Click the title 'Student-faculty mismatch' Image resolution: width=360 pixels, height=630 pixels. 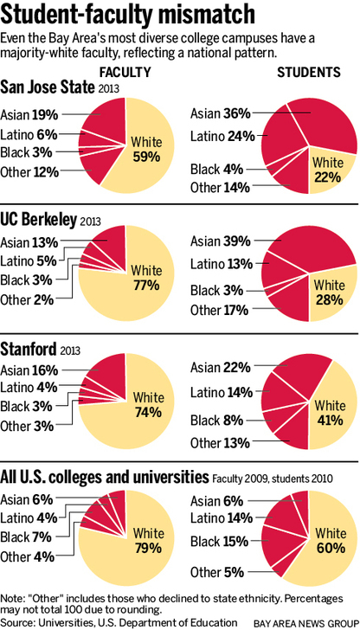pos(128,16)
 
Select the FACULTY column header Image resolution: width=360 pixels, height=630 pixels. pos(125,72)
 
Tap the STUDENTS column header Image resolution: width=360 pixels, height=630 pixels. pos(309,72)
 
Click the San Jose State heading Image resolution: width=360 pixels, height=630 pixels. pos(48,87)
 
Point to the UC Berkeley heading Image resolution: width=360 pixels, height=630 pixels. pos(39,220)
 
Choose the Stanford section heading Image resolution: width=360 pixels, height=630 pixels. pos(28,349)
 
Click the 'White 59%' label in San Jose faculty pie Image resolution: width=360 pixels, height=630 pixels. pos(147,149)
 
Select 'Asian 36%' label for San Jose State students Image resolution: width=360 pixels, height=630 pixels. pos(221,114)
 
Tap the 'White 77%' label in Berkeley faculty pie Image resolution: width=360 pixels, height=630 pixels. pos(147,277)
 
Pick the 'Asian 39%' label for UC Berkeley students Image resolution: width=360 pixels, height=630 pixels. pos(221,242)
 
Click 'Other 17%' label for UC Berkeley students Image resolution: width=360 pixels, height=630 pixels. pos(221,310)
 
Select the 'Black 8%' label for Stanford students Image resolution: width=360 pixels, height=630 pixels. pos(216,421)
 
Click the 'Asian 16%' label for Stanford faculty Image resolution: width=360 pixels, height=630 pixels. pos(29,370)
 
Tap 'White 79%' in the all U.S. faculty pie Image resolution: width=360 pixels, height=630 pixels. pos(148,540)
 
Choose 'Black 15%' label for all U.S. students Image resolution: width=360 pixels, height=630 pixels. pos(220,542)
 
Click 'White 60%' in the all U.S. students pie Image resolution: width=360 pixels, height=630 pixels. pos(331,540)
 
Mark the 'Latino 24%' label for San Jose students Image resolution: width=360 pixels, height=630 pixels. pos(222,137)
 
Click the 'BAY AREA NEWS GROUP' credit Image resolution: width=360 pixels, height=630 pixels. pos(305,623)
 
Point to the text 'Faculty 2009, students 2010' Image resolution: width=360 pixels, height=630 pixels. pos(272,479)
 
